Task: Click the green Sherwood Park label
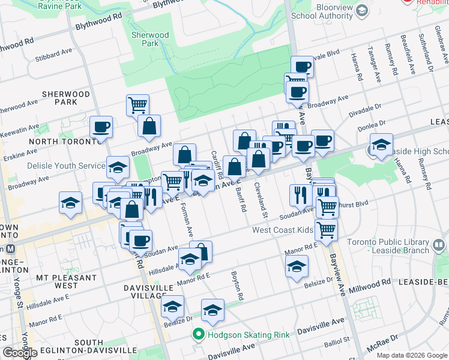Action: click(150, 39)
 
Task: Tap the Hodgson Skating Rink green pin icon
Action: click(197, 334)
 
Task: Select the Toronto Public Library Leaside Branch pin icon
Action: click(439, 245)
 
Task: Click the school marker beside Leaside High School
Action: click(381, 145)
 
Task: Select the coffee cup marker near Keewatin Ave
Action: click(101, 127)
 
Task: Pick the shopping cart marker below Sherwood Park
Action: click(137, 104)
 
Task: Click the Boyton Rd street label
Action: click(238, 286)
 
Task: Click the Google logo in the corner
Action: click(20, 352)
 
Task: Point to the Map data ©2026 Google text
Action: click(411, 355)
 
